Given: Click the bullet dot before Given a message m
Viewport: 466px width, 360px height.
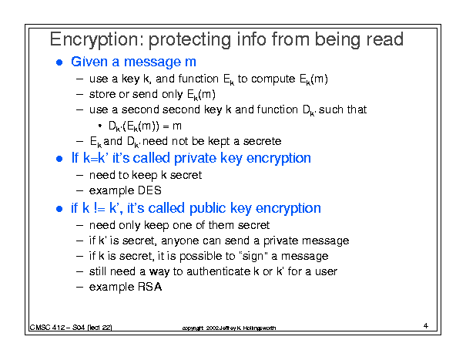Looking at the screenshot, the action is click(59, 62).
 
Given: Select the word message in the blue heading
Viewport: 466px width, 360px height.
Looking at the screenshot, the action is click(153, 62).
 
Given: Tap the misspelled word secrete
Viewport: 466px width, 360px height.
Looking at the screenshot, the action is click(262, 141).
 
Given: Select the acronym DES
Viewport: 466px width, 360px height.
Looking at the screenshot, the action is click(149, 190).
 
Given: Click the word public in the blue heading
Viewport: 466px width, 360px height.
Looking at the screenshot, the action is click(207, 208).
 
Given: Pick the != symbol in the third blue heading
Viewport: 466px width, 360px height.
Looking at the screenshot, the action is click(99, 208).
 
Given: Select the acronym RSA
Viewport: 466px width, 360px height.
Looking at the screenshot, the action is click(149, 287).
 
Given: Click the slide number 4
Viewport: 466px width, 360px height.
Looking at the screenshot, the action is click(426, 326).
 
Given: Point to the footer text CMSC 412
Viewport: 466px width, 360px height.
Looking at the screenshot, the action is click(47, 328).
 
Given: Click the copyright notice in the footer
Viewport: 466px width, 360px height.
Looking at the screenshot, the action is click(229, 328).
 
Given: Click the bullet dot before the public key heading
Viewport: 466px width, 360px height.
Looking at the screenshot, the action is click(59, 209).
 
